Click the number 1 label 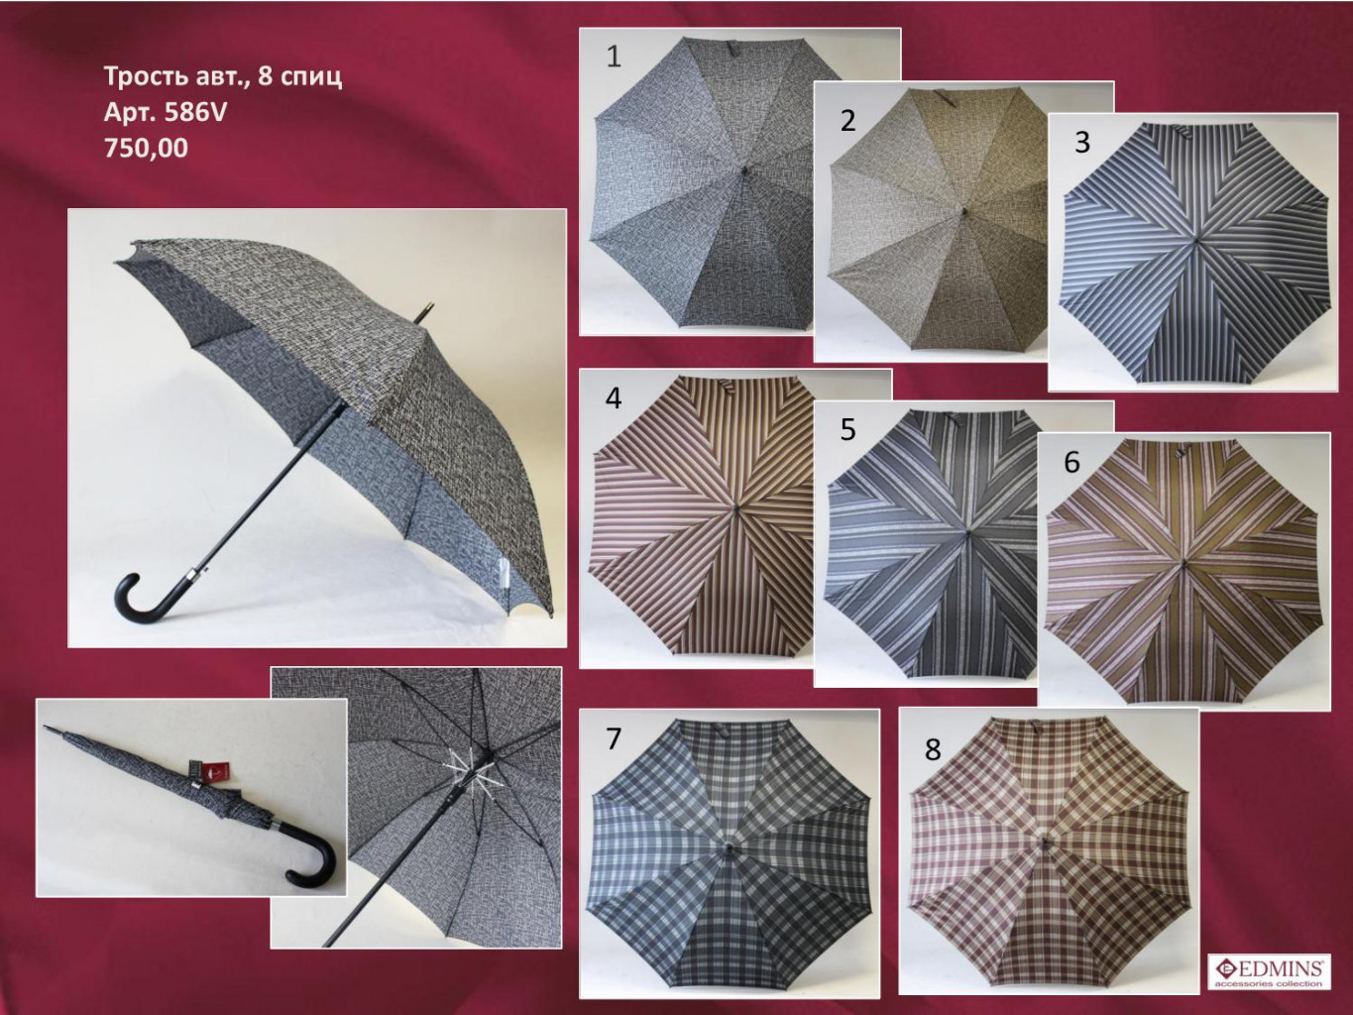point(614,56)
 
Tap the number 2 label point(848,120)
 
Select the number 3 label point(1082,142)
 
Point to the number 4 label point(614,398)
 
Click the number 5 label point(848,429)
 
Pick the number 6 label point(1071,462)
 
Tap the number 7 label point(613,738)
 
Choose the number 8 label point(933,750)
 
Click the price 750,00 point(146,149)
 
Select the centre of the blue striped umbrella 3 point(1194,239)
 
